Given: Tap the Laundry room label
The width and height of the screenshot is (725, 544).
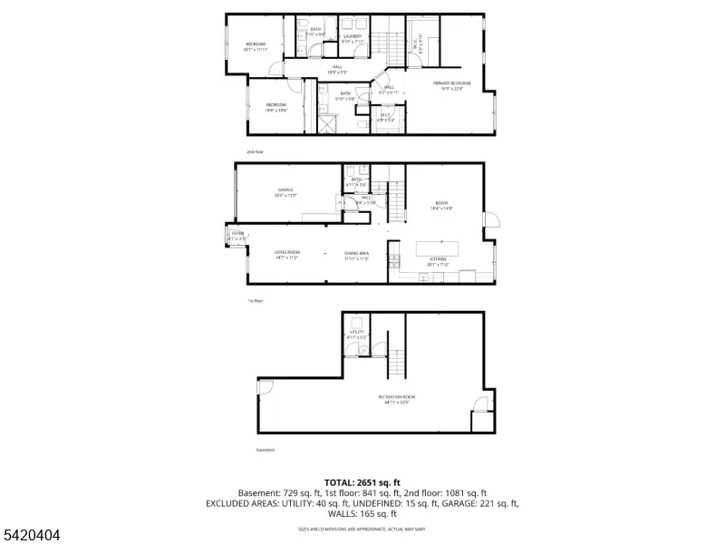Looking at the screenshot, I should coord(353,36).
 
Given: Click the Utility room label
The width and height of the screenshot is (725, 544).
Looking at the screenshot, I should coord(357,333).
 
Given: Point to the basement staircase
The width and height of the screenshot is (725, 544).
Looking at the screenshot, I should coord(396,365).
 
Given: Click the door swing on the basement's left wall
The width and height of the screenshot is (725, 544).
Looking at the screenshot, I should coord(265,387).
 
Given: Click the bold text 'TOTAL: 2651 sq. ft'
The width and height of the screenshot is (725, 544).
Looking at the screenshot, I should coord(362,482).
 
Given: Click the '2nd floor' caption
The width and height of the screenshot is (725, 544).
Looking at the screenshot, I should coord(256,151).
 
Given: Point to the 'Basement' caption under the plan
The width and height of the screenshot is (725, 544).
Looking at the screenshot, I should coord(265,450).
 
